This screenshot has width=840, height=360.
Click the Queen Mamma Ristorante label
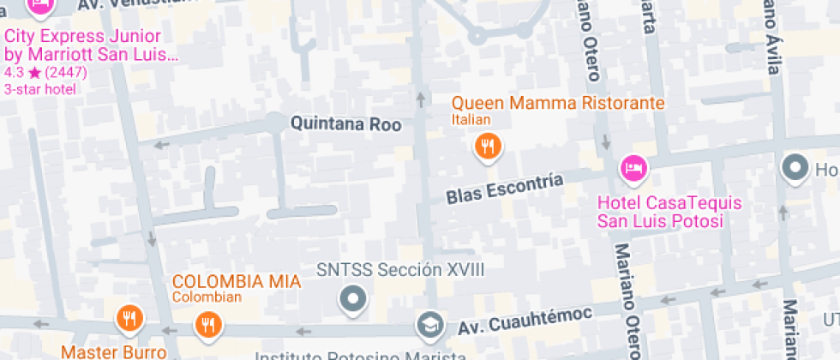[x=558, y=104]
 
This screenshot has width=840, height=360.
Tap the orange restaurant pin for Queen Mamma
[x=488, y=147]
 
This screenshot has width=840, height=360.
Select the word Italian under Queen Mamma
[x=471, y=120]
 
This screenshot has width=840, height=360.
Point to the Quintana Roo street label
[x=345, y=124]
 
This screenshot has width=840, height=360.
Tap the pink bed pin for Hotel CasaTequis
[x=634, y=167]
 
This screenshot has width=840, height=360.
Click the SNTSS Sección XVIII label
[x=400, y=270]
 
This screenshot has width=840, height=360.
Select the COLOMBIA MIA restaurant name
[x=237, y=281]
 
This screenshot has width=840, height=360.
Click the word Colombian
[x=207, y=297]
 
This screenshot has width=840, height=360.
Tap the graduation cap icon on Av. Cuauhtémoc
[x=428, y=325]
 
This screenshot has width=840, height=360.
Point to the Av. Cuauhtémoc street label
[x=525, y=321]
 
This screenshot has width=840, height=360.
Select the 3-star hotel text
[x=39, y=88]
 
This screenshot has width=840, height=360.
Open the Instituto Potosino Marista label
[x=360, y=355]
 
